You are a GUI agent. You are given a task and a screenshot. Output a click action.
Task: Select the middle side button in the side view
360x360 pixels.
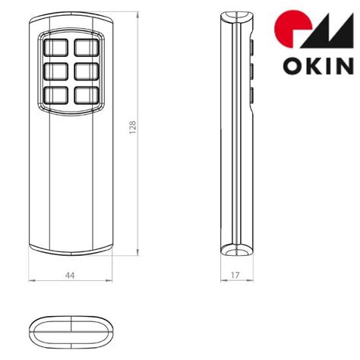tap(250, 73)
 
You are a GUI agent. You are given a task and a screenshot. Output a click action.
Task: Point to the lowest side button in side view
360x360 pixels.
tap(250, 96)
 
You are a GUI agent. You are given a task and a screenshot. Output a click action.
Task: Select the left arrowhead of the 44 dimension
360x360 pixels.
tap(32, 282)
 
